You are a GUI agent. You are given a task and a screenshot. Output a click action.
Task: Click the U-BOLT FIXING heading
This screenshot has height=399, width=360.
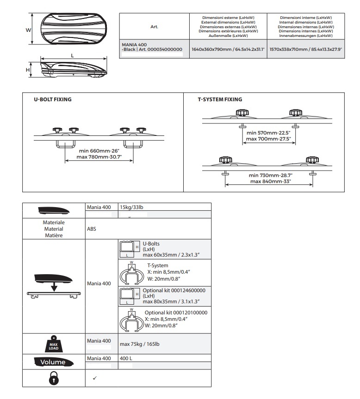[52, 99]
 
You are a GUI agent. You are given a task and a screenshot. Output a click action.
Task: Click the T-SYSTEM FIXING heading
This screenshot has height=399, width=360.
[220, 99]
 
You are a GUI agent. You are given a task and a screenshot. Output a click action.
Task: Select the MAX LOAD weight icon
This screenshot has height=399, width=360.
[54, 344]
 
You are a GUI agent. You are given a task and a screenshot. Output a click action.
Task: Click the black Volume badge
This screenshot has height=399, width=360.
[54, 362]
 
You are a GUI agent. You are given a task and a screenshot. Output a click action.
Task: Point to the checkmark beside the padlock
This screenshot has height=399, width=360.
[94, 378]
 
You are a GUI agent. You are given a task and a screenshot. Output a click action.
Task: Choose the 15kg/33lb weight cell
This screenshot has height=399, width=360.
[132, 207]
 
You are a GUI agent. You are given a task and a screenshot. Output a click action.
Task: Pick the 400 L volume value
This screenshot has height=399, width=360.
[126, 358]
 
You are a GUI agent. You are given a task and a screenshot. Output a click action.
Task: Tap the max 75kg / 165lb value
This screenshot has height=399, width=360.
[140, 344]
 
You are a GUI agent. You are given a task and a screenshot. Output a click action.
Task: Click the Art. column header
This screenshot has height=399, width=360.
[155, 27]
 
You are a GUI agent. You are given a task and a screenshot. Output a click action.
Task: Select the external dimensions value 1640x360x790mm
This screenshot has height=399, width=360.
[228, 49]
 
